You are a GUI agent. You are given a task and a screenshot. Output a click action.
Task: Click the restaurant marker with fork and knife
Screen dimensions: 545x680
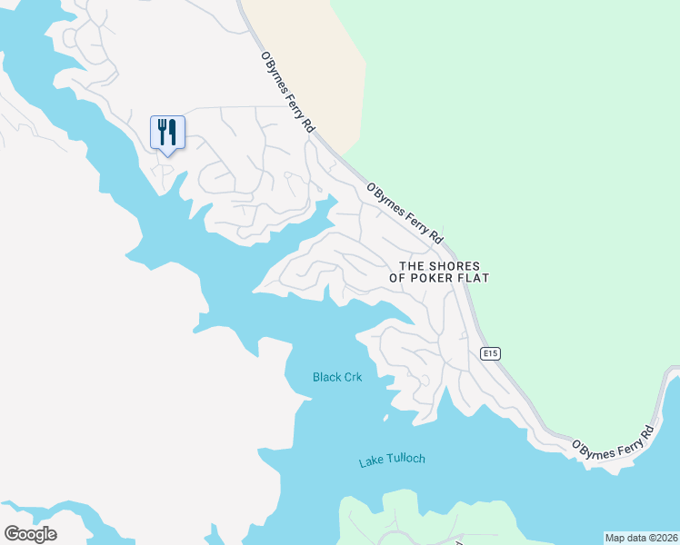click(167, 133)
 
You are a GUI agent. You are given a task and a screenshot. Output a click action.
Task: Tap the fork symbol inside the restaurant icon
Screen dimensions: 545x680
click(162, 132)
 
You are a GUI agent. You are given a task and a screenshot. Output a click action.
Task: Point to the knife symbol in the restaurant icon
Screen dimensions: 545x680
click(173, 132)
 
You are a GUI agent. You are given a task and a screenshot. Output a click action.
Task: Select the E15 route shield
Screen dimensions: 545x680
click(490, 353)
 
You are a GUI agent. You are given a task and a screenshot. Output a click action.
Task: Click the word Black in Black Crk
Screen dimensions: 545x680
click(327, 377)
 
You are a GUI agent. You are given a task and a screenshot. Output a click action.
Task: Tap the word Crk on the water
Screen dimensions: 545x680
click(355, 377)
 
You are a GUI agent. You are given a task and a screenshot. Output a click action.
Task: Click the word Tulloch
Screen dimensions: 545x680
click(406, 459)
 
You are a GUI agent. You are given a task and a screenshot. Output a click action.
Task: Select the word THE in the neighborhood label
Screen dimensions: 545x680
click(413, 265)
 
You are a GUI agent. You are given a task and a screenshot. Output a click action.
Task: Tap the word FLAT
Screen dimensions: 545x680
click(474, 278)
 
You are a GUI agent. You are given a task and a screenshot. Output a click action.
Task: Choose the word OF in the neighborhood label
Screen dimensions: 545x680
click(398, 278)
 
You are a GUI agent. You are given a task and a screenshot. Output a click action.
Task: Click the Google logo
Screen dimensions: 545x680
click(30, 534)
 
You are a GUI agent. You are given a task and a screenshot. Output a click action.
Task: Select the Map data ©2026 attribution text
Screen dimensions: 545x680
click(641, 538)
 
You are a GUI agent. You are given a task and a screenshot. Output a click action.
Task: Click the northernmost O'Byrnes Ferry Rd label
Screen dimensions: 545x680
click(287, 94)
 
